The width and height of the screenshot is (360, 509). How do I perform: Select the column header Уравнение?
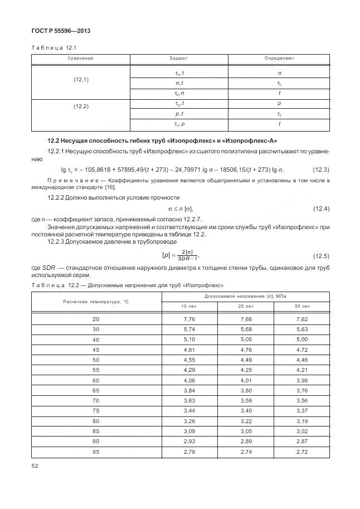pyautogui.click(x=80, y=58)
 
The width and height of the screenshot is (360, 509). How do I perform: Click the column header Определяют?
pyautogui.click(x=279, y=58)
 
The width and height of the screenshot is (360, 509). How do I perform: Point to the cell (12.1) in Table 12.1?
pyautogui.click(x=81, y=80)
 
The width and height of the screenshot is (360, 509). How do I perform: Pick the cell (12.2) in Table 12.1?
pyautogui.click(x=81, y=106)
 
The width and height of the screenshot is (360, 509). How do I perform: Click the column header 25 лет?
pyautogui.click(x=246, y=306)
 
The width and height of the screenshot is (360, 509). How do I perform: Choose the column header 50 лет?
pyautogui.click(x=302, y=306)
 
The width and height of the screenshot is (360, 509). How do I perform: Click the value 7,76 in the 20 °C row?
pyautogui.click(x=189, y=318)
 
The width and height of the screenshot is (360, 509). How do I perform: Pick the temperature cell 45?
pyautogui.click(x=96, y=350)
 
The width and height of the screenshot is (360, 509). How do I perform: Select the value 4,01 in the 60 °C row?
pyautogui.click(x=246, y=381)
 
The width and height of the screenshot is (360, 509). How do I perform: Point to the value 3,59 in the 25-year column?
pyautogui.click(x=246, y=400)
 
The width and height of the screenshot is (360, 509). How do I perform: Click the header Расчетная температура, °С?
pyautogui.click(x=96, y=301)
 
